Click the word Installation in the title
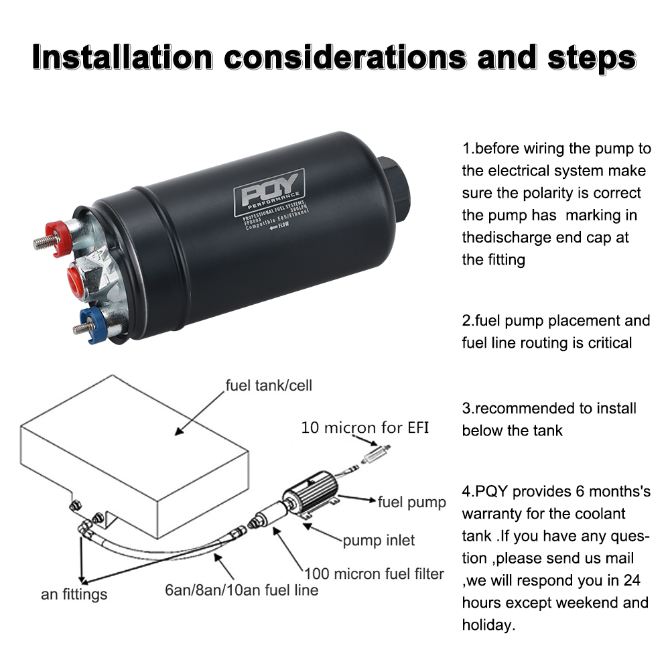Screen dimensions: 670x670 coord(122,58)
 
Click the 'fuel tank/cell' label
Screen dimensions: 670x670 coord(269,386)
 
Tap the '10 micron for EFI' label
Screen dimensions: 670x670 coord(364,427)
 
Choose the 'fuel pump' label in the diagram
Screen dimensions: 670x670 coord(411,502)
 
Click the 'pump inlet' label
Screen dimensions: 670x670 coord(379,540)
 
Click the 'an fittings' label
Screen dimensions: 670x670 coord(74,594)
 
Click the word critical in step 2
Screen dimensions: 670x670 coord(607,342)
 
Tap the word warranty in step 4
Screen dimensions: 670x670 coord(496,514)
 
